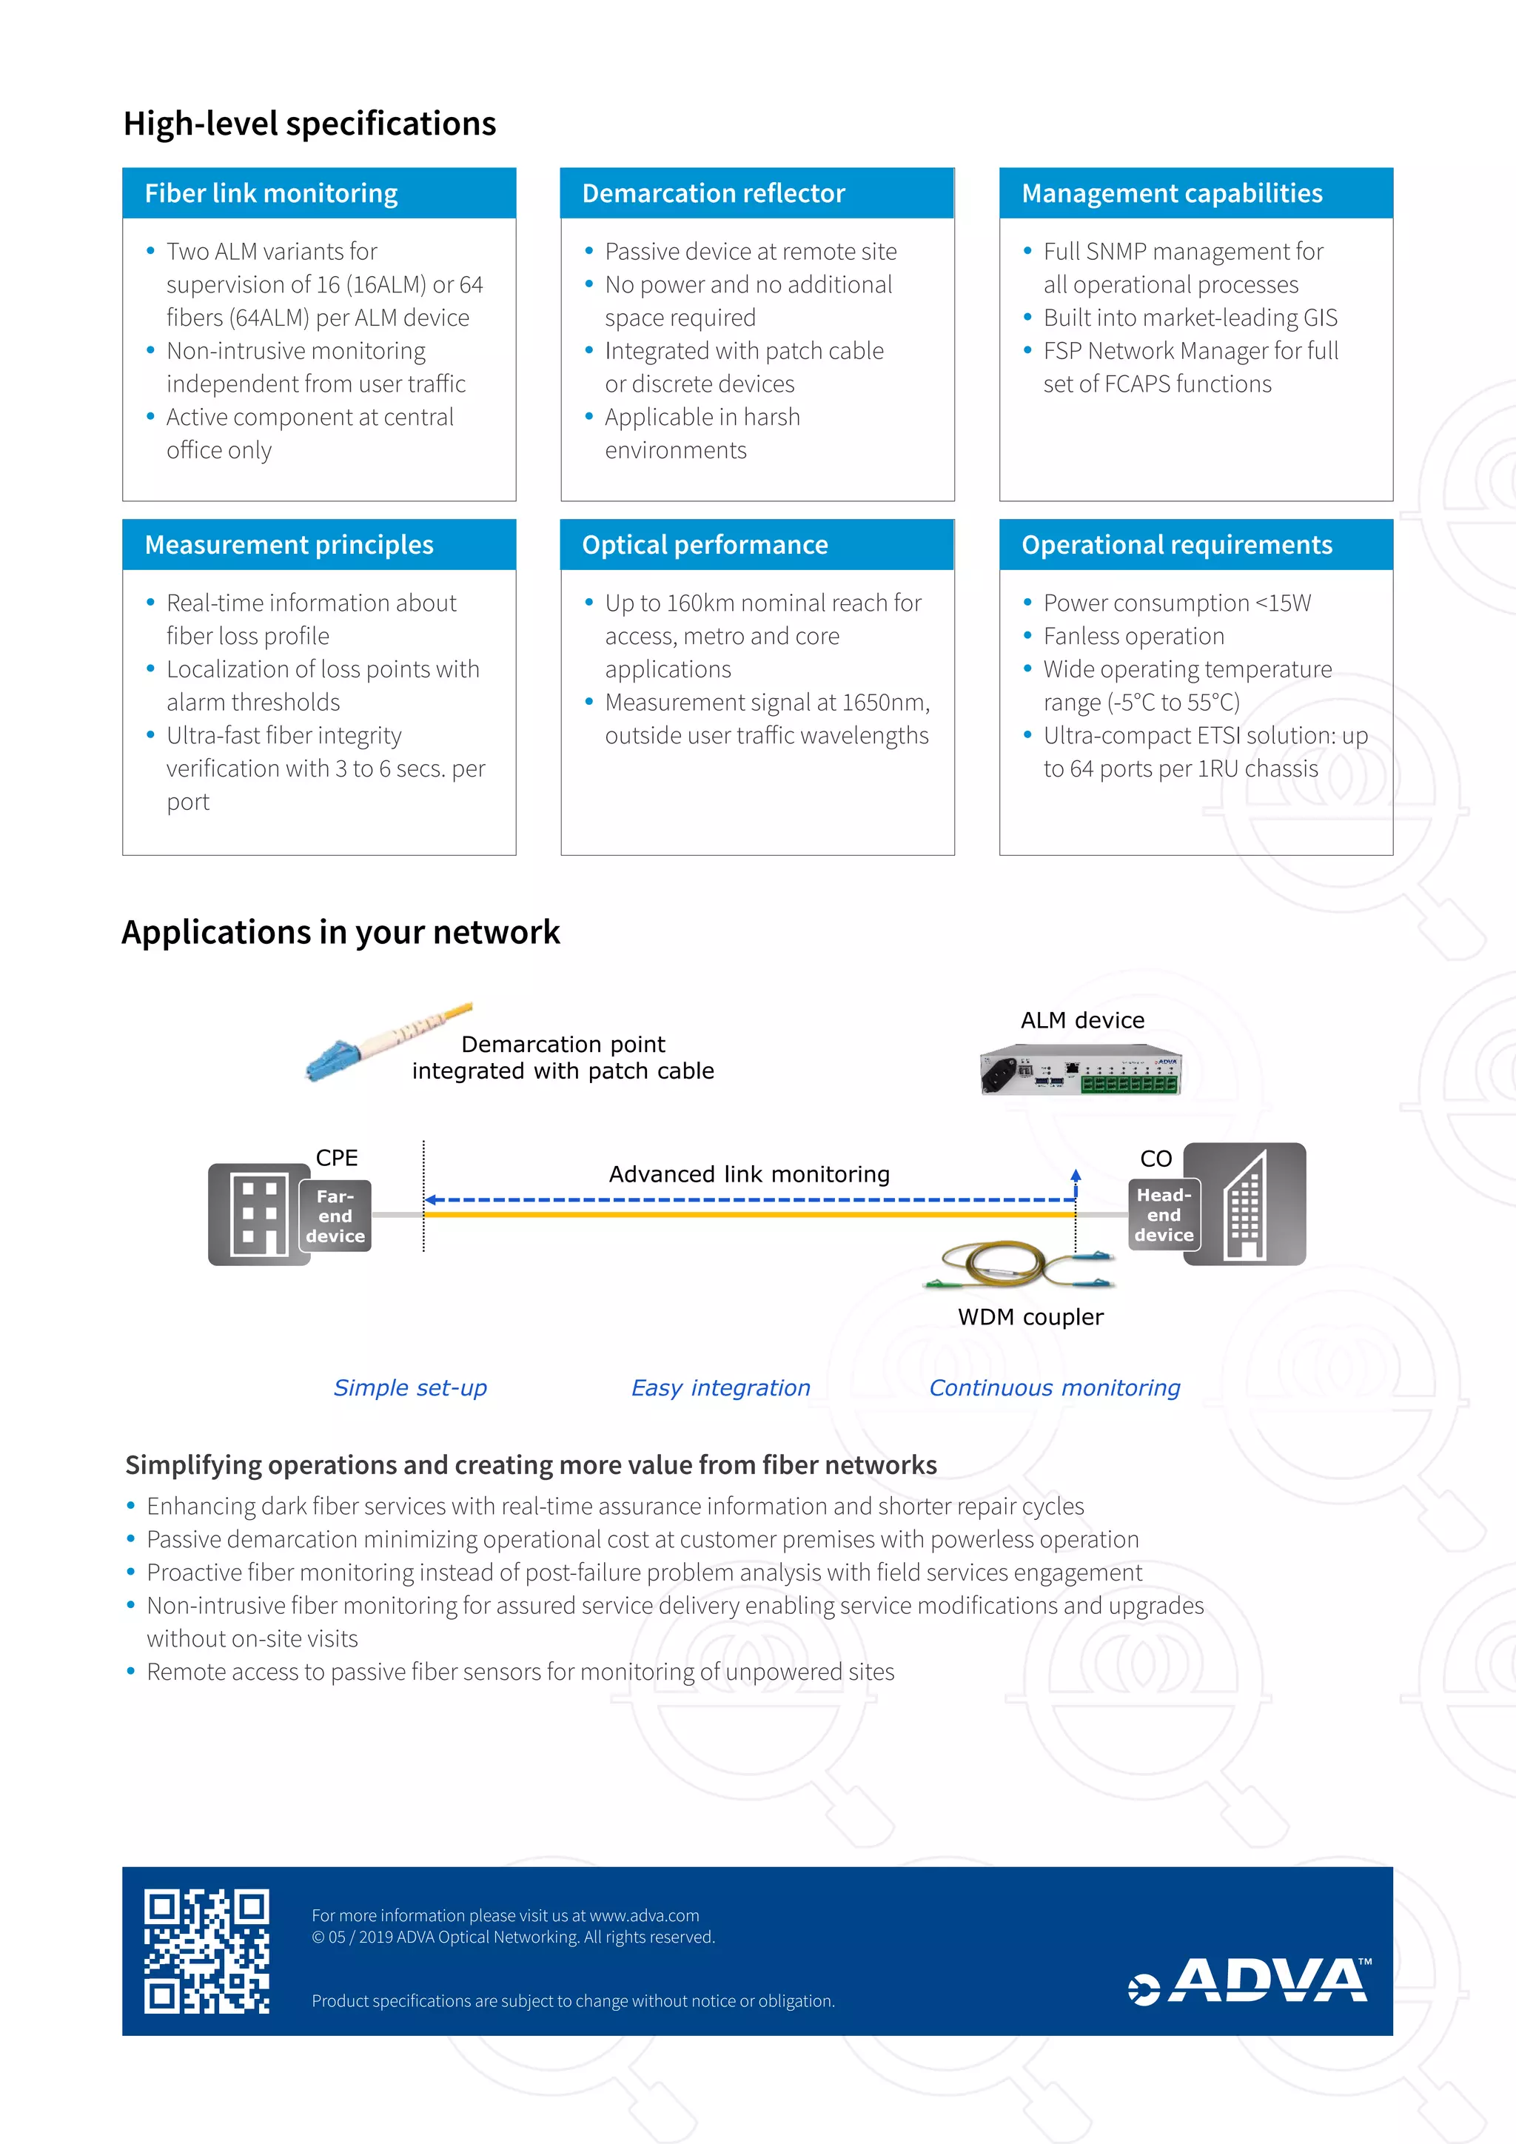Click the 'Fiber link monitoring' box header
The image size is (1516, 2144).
(x=318, y=193)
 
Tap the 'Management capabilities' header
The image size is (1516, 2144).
(x=1195, y=193)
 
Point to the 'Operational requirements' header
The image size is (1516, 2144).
(x=1195, y=544)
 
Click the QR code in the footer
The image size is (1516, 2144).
(x=207, y=1951)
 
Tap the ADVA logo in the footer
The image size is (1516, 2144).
(x=1251, y=1980)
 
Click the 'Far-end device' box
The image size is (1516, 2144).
(x=335, y=1216)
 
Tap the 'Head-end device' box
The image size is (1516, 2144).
(x=1163, y=1215)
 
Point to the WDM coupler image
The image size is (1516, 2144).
(x=1019, y=1266)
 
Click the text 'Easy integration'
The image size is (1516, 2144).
(x=721, y=1387)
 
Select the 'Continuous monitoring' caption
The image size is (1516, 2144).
(x=1054, y=1387)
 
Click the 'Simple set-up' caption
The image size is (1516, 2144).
(x=410, y=1387)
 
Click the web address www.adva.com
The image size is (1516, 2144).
(x=644, y=1915)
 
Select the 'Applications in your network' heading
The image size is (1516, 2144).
(x=341, y=932)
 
